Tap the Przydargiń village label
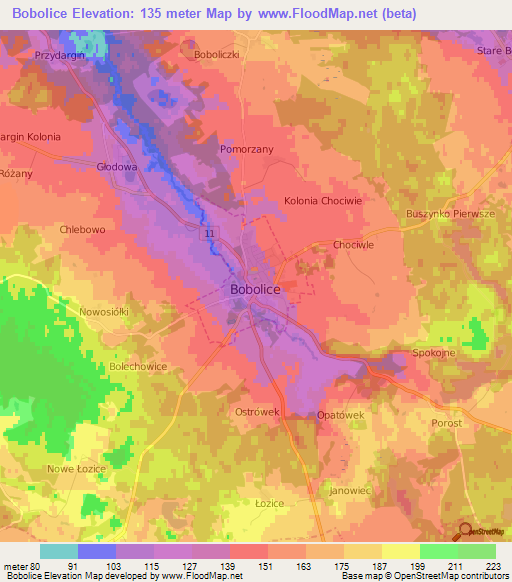[x=60, y=56]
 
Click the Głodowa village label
[x=117, y=167]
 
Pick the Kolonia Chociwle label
[x=323, y=200]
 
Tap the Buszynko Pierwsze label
[x=450, y=214]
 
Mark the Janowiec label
[x=349, y=491]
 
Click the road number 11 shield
[x=209, y=234]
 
